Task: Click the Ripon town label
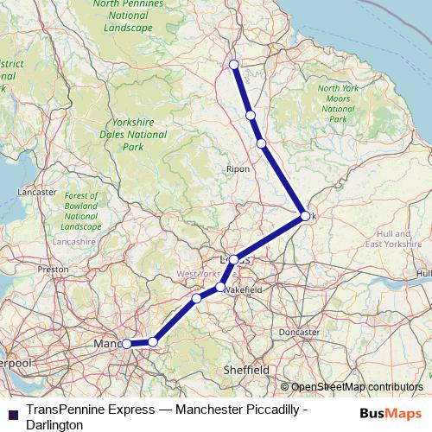click(237, 168)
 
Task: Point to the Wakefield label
click(242, 290)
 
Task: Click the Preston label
click(53, 270)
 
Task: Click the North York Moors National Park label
click(338, 104)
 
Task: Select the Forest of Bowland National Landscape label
click(81, 212)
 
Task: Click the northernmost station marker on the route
click(233, 64)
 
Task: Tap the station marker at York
click(305, 216)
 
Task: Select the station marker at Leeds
click(233, 259)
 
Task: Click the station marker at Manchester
click(126, 343)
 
